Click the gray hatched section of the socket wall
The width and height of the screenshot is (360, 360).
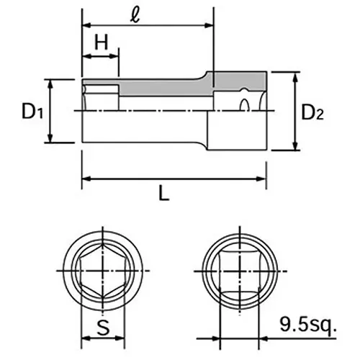(166, 87)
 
